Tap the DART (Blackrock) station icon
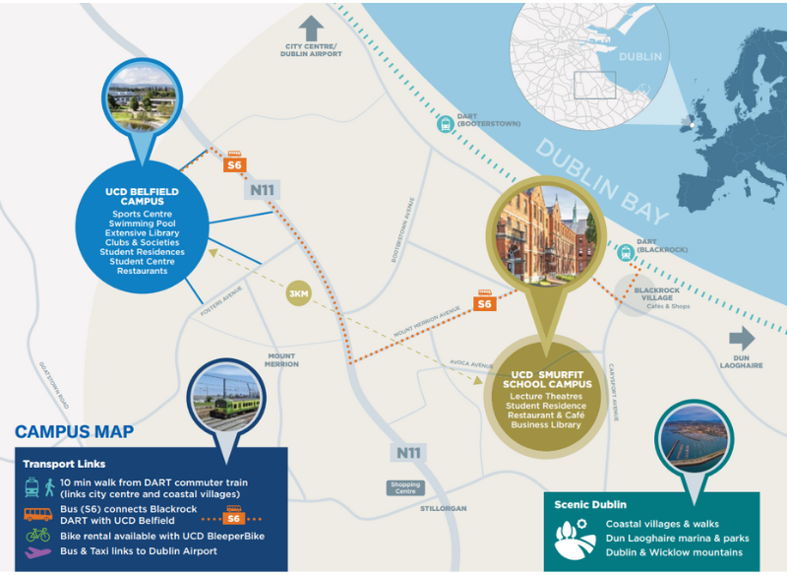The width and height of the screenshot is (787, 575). tap(624, 253)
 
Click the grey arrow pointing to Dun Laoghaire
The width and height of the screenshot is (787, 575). tap(741, 339)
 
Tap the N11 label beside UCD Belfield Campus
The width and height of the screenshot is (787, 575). tap(261, 190)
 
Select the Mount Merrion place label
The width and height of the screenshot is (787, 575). tap(281, 359)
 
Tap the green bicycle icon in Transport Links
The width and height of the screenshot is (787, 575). tap(38, 535)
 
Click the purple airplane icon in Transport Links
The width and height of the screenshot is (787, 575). tap(38, 551)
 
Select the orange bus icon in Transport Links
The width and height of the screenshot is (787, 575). tap(38, 513)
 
